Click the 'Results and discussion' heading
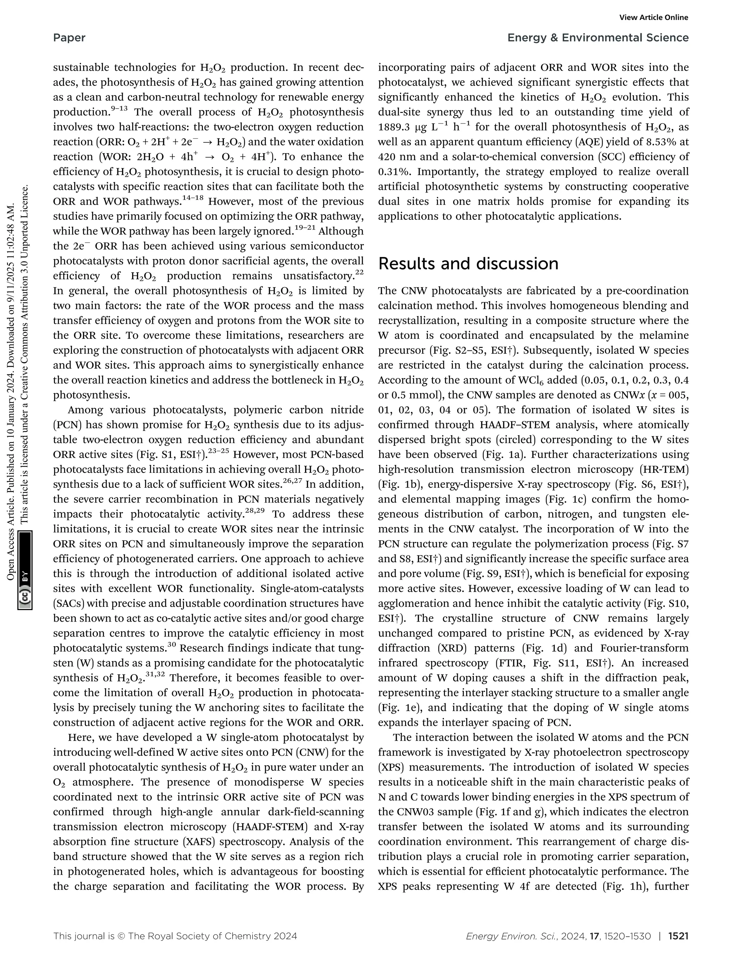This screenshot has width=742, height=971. [x=468, y=264]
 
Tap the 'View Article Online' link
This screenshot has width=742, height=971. [x=654, y=18]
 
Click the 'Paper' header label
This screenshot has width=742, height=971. [x=69, y=38]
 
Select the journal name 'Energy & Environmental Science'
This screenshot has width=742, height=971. [x=598, y=38]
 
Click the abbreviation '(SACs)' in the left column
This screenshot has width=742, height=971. [x=67, y=604]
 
